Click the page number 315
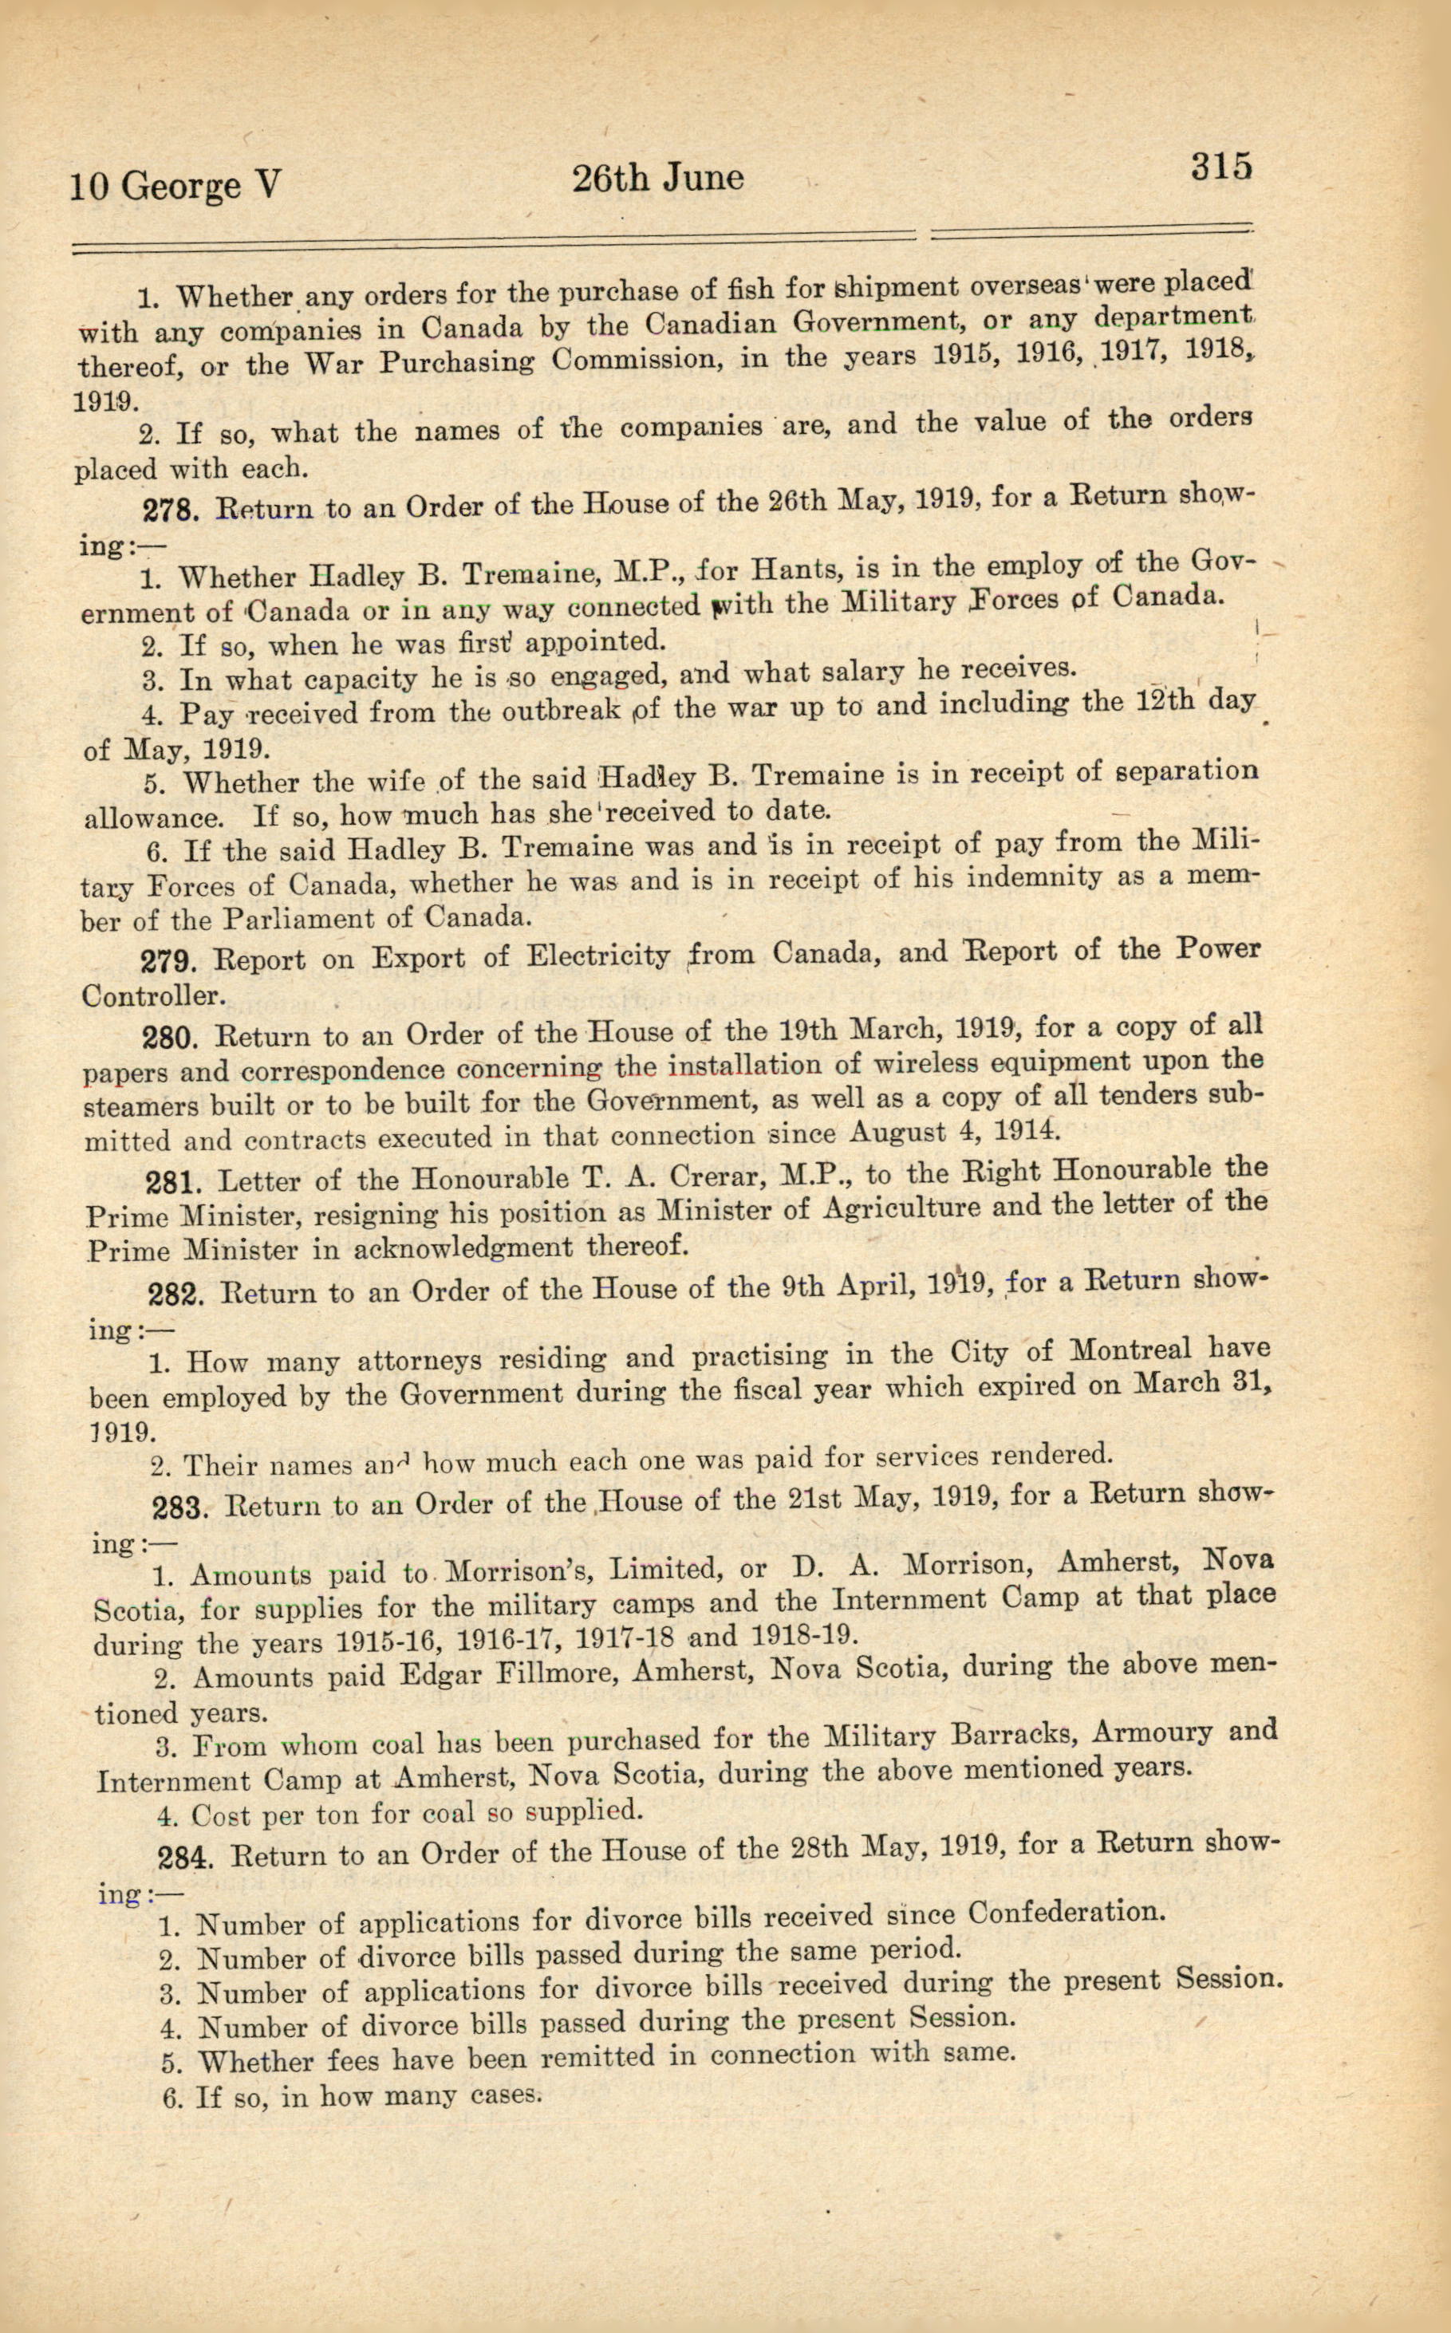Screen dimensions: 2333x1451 [x=1220, y=167]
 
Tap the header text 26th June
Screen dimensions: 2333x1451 [x=657, y=179]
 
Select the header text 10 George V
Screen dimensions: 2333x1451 [x=175, y=185]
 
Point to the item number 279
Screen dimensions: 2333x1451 [x=170, y=960]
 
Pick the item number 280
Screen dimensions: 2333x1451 [x=171, y=1038]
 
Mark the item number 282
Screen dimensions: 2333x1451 [x=176, y=1295]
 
